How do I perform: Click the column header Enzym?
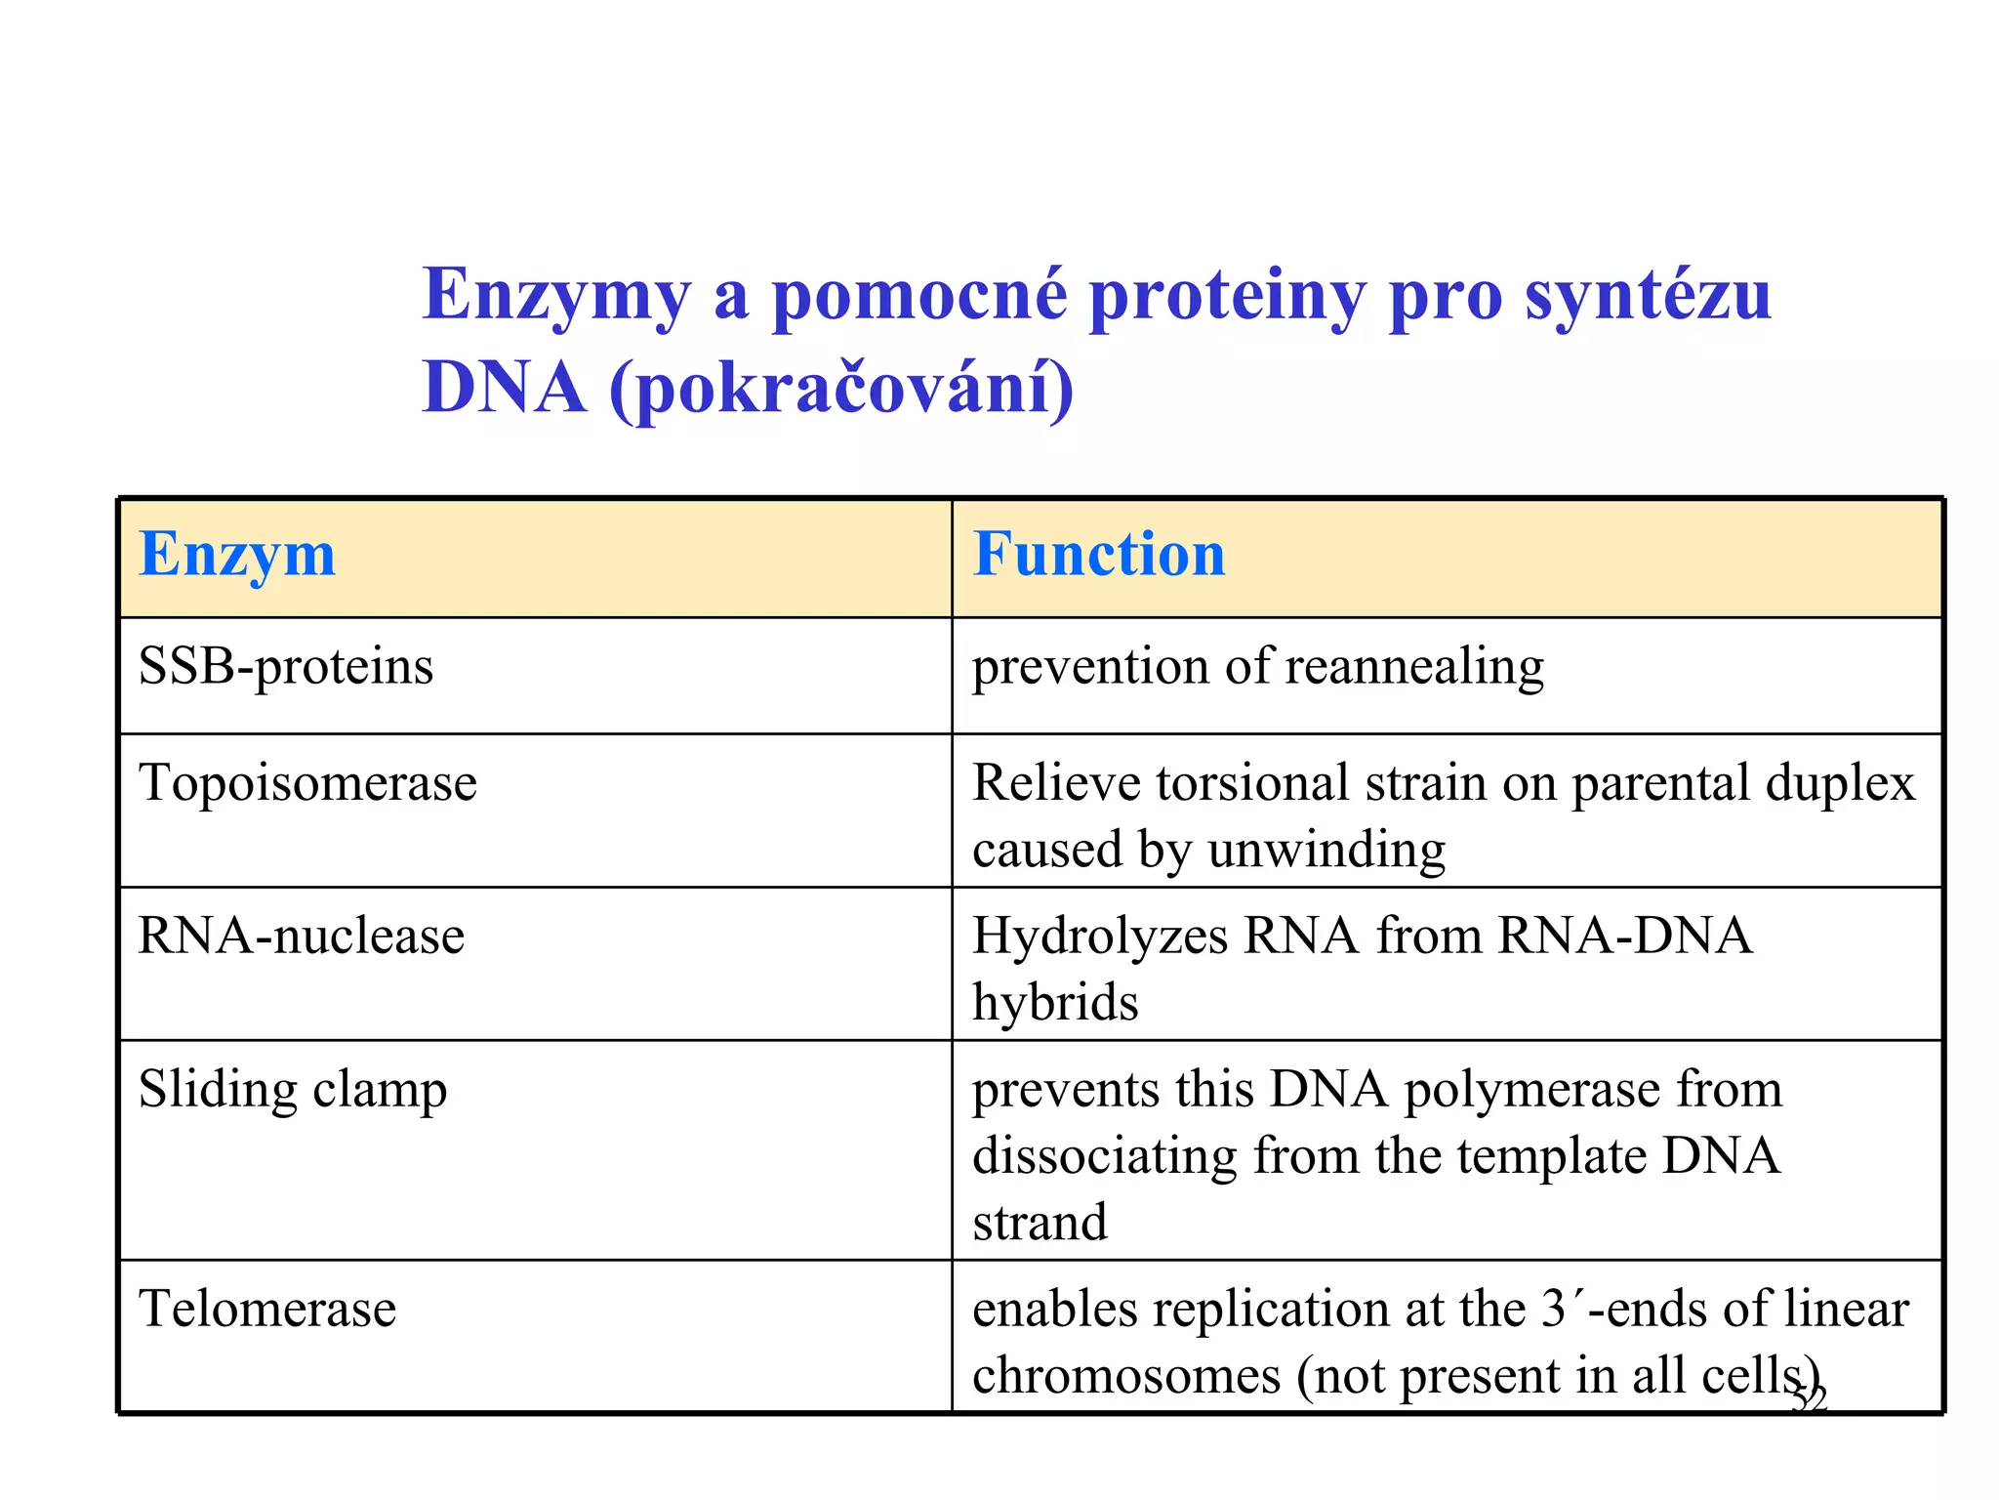tap(237, 555)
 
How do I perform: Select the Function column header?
tap(1099, 555)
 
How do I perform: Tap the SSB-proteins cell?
tap(285, 667)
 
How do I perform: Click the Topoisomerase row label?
tap(307, 783)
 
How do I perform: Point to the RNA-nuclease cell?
tap(301, 936)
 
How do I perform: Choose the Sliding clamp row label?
tap(292, 1089)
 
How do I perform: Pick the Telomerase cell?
tap(267, 1309)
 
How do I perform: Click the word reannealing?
tap(1414, 667)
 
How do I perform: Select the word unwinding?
tap(1326, 850)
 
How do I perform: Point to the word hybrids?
tap(1055, 1003)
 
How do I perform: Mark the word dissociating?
tap(1104, 1156)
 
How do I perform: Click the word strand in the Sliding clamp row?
tap(1040, 1223)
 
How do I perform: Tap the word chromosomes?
tap(1125, 1376)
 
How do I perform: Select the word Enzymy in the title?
tap(556, 295)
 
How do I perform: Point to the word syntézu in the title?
tap(1648, 295)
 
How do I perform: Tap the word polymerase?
tap(1531, 1089)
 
